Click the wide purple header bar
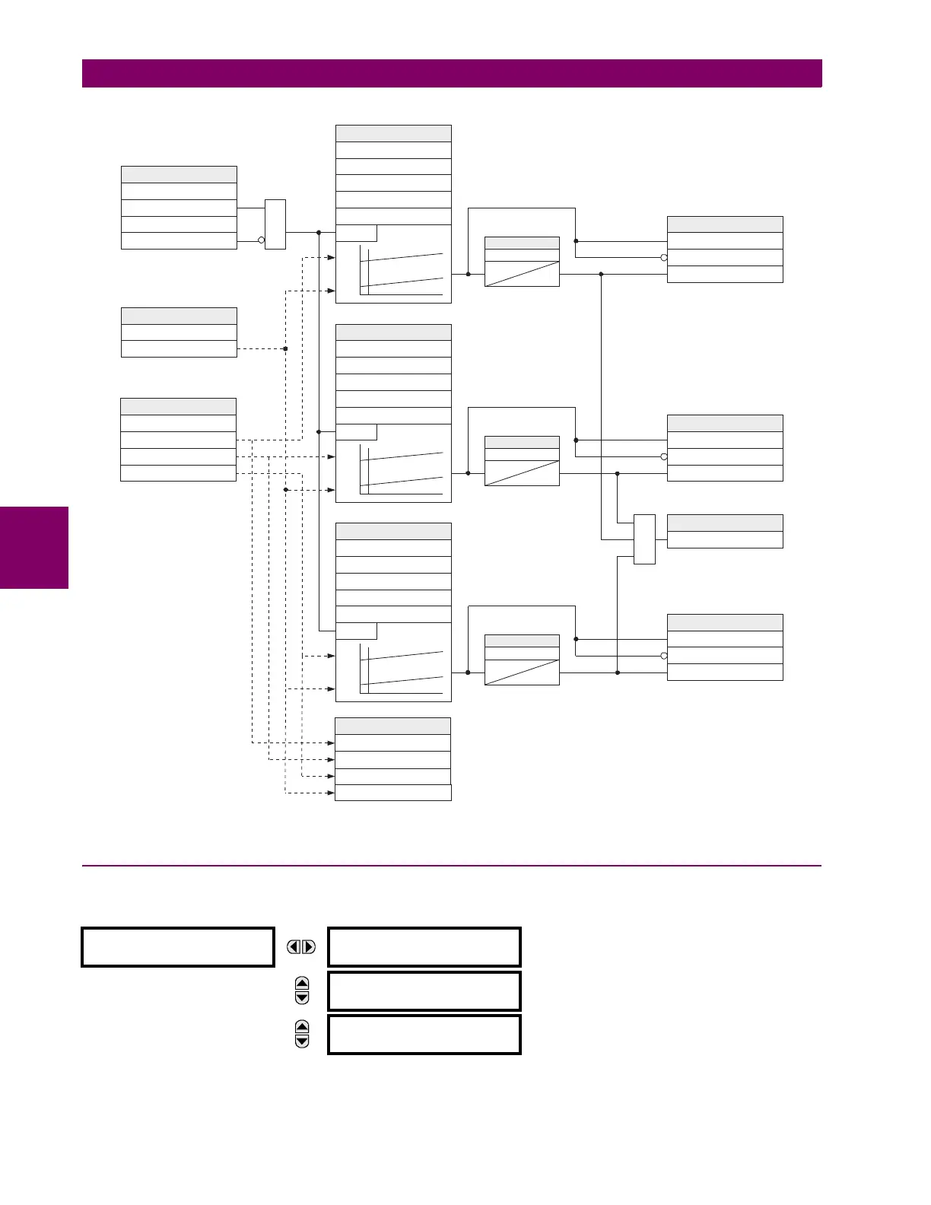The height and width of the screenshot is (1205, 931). [452, 73]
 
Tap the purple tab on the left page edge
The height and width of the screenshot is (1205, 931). [34, 548]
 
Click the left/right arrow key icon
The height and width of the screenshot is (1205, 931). [301, 947]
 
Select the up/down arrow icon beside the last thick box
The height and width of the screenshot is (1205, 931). [302, 1034]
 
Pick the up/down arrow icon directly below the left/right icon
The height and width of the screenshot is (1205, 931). [302, 990]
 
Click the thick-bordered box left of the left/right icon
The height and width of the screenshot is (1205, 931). [178, 947]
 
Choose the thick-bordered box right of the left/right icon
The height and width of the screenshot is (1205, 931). [424, 947]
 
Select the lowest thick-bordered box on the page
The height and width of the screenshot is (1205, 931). [424, 1034]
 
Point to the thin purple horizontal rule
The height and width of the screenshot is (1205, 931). [452, 866]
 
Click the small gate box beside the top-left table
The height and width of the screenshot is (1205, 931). [275, 224]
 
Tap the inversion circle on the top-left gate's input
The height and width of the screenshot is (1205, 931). [262, 240]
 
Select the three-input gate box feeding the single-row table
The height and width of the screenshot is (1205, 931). [644, 539]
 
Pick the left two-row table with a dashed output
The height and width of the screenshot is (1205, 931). [179, 332]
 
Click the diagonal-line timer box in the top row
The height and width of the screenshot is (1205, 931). [522, 262]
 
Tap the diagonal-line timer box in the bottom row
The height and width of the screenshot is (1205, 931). [522, 660]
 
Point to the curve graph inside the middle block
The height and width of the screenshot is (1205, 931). [402, 472]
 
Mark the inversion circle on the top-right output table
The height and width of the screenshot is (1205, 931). [664, 258]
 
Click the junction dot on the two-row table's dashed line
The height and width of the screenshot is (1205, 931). [285, 348]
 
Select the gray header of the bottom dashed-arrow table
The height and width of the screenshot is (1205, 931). [393, 726]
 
